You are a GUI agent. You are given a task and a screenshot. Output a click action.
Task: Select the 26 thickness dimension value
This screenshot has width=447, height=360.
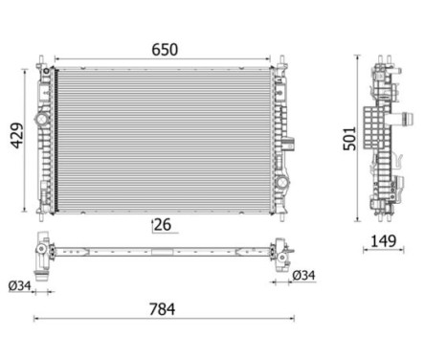(x=164, y=226)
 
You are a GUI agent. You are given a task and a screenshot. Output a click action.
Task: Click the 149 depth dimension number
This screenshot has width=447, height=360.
(x=383, y=241)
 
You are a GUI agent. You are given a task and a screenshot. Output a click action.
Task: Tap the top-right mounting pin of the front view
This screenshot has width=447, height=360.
(x=280, y=66)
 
